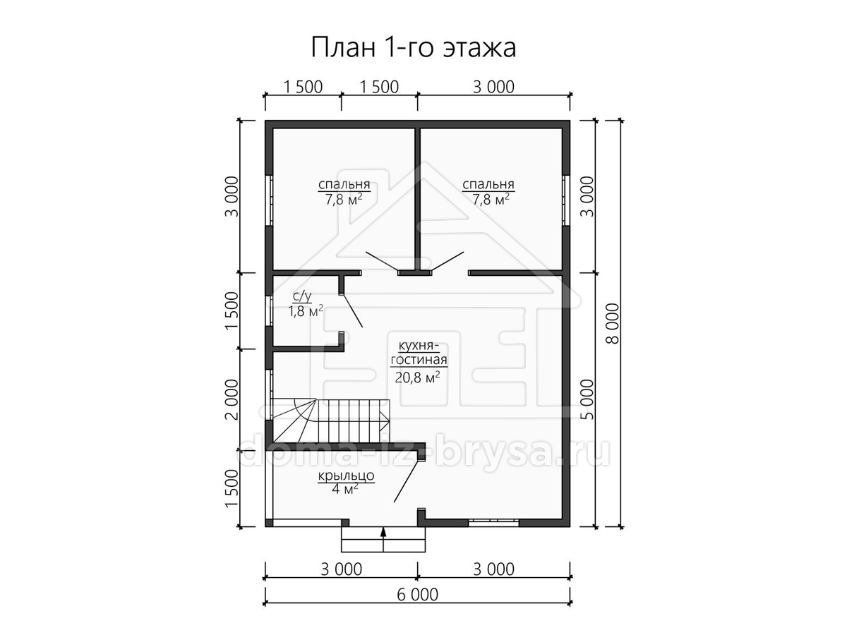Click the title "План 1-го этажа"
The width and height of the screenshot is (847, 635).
click(x=414, y=48)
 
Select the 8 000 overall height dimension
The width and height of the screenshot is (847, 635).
click(x=613, y=323)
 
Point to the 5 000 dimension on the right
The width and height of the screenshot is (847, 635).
click(x=587, y=399)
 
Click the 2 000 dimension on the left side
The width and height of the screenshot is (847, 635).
click(x=232, y=399)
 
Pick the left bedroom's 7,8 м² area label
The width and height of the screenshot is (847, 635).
click(x=344, y=200)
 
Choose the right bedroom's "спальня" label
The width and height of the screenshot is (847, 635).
click(x=488, y=184)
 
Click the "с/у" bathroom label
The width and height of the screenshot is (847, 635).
click(x=302, y=296)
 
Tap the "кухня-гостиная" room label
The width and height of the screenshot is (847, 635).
click(x=419, y=353)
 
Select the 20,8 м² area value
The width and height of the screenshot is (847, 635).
click(x=418, y=377)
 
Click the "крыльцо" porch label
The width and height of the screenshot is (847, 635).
click(x=346, y=476)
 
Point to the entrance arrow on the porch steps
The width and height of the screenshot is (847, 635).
click(x=383, y=539)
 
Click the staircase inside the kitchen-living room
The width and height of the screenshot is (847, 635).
click(x=331, y=421)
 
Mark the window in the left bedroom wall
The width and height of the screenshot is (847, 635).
click(x=270, y=200)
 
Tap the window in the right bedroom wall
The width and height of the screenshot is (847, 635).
click(x=565, y=200)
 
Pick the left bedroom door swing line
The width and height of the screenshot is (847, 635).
click(x=383, y=262)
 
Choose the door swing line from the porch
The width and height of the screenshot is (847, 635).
click(x=407, y=480)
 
